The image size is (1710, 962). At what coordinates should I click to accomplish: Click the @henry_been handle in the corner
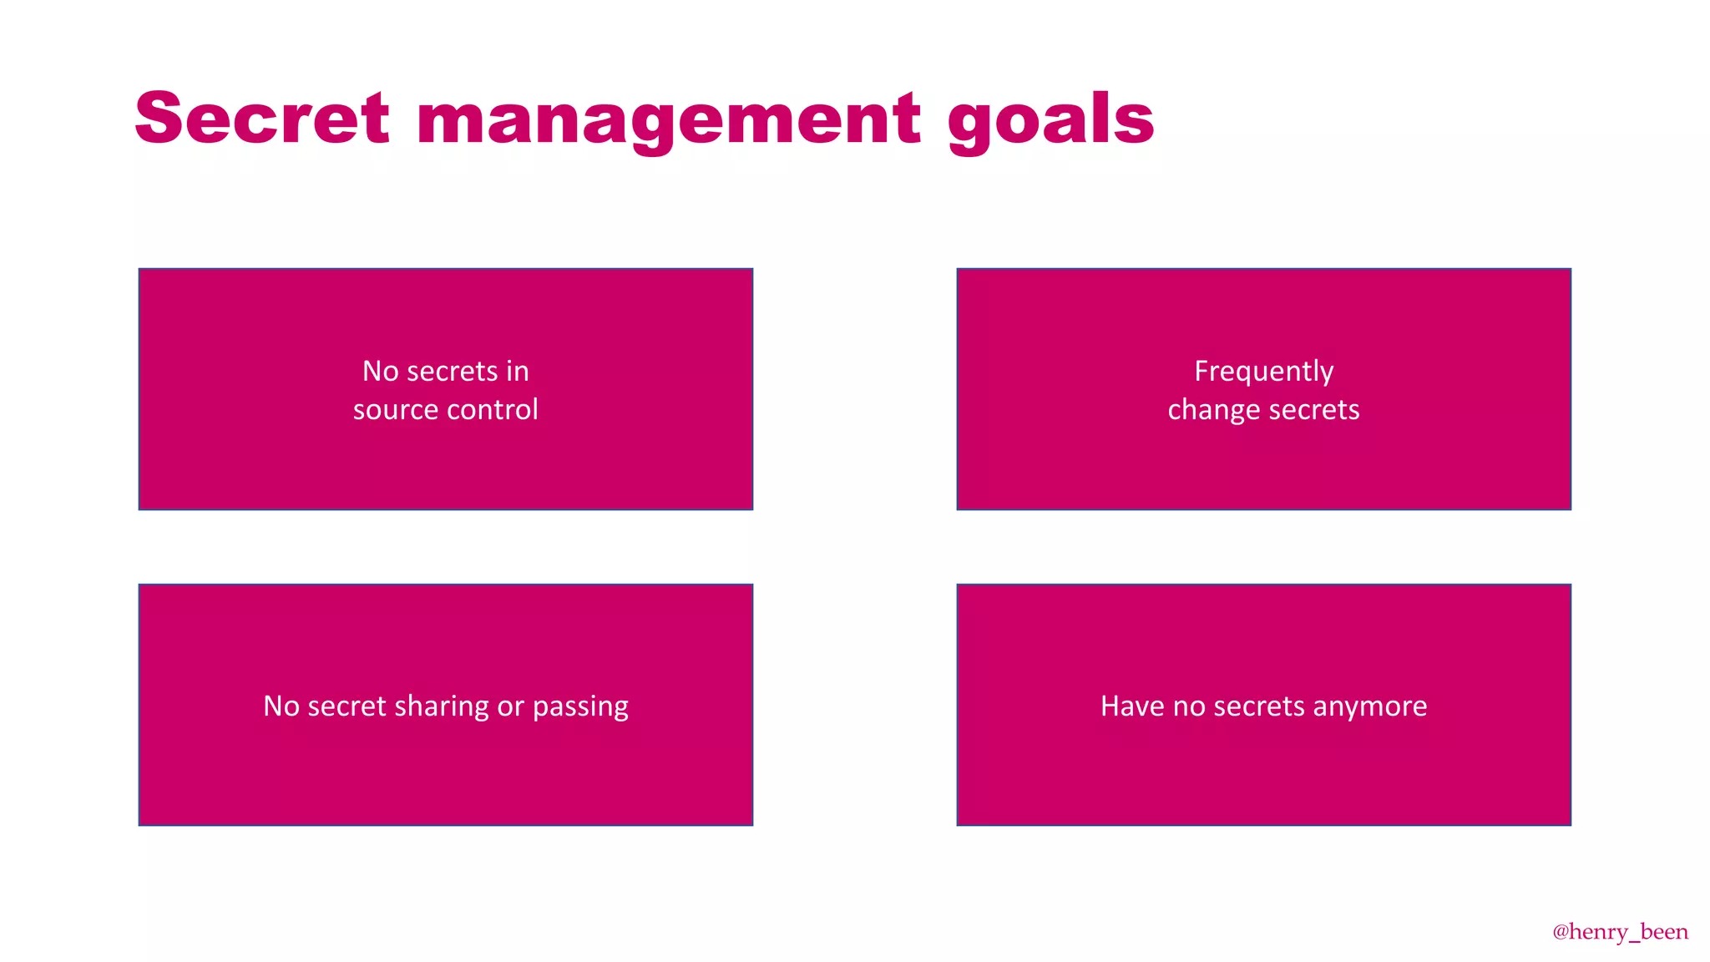point(1620,932)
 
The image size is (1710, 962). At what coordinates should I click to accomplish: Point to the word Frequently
point(1263,372)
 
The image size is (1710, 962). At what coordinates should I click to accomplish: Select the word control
point(493,410)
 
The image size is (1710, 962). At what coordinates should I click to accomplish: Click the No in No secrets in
point(381,371)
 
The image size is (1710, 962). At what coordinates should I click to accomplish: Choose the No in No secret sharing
point(281,706)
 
